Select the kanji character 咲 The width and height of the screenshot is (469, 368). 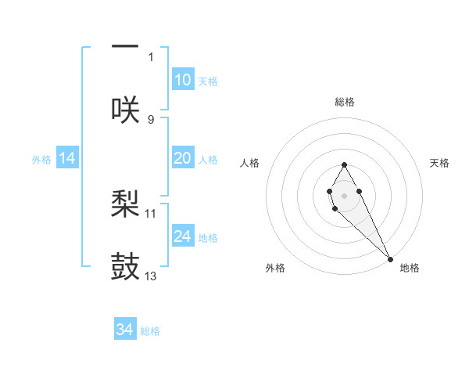click(x=125, y=109)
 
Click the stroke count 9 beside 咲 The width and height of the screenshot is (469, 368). click(x=151, y=120)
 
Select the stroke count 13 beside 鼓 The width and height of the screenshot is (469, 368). click(x=151, y=276)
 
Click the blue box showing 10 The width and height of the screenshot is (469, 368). click(x=183, y=80)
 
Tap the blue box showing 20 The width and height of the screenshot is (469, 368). click(x=183, y=158)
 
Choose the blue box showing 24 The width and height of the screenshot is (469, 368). click(x=183, y=236)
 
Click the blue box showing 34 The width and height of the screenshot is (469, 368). click(x=125, y=330)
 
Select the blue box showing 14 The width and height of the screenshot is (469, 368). click(x=67, y=158)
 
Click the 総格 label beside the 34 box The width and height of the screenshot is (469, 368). click(x=150, y=331)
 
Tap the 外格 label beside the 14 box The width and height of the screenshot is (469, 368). click(x=41, y=160)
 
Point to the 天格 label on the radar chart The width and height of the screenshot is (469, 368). click(x=439, y=163)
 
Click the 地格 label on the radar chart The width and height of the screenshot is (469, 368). click(x=410, y=268)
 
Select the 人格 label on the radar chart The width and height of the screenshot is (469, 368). click(x=250, y=163)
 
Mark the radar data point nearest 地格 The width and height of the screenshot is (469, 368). click(x=390, y=259)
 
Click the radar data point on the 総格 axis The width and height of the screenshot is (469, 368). click(x=344, y=164)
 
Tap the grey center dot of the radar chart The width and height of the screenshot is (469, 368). click(x=344, y=194)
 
